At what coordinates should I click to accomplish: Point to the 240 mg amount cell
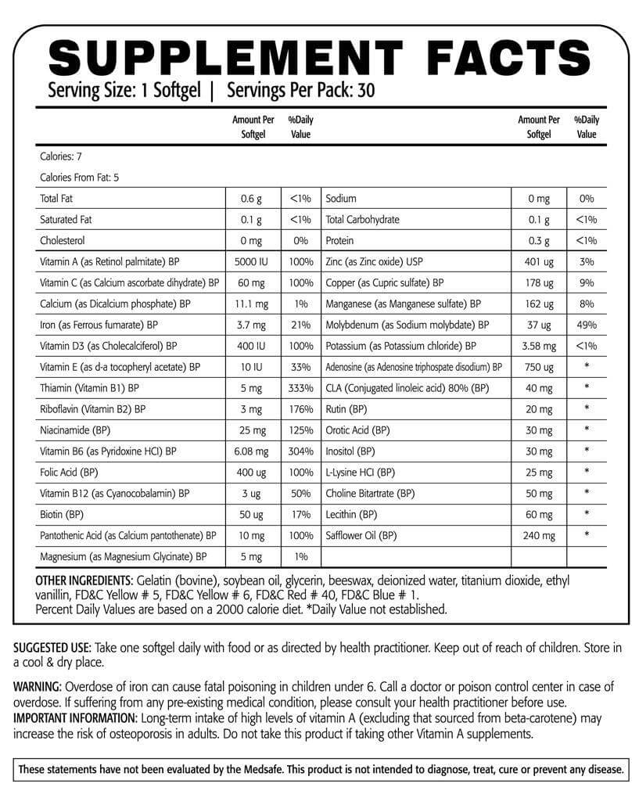click(538, 536)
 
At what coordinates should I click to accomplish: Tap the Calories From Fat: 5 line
click(80, 178)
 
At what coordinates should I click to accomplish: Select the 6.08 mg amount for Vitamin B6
click(250, 451)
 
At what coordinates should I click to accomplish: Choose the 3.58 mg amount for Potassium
click(538, 345)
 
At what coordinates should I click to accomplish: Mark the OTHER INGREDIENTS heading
click(84, 581)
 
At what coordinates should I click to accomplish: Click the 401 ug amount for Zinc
click(538, 262)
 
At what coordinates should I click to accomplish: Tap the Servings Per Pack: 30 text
click(300, 90)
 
